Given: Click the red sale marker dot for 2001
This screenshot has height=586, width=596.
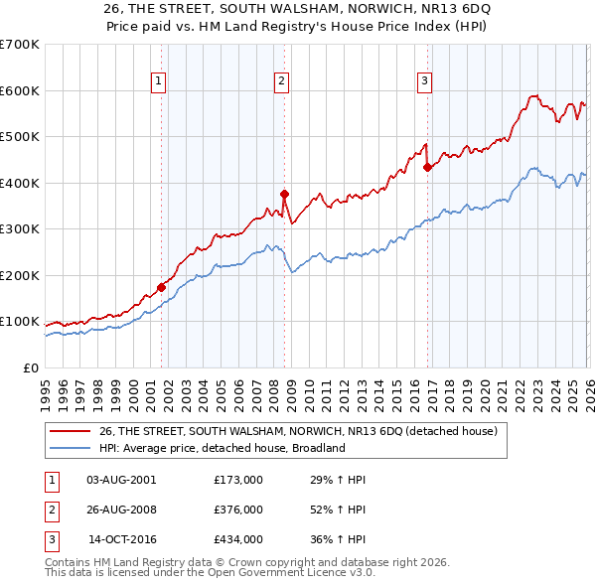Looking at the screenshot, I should point(161,288).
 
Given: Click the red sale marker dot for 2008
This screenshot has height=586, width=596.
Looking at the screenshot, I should point(284,194).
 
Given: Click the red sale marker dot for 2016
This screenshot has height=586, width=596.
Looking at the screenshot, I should point(427,167).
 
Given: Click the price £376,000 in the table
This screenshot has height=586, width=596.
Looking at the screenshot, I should point(238,510).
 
